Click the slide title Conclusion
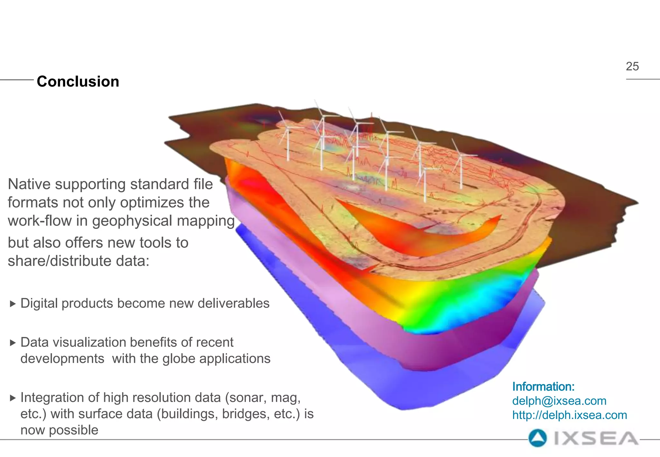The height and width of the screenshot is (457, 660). tap(78, 82)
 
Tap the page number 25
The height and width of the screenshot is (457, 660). tap(632, 66)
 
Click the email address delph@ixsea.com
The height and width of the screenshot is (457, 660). tap(559, 401)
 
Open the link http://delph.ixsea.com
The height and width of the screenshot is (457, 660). tap(569, 415)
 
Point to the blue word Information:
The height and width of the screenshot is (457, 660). tap(543, 386)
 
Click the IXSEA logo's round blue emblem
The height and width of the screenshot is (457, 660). tap(538, 438)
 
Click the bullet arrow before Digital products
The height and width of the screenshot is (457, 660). tap(13, 304)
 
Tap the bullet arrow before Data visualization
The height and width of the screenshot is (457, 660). tap(13, 343)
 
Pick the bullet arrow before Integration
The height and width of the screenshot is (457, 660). tap(13, 398)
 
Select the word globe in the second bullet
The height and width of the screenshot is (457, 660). tap(180, 359)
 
